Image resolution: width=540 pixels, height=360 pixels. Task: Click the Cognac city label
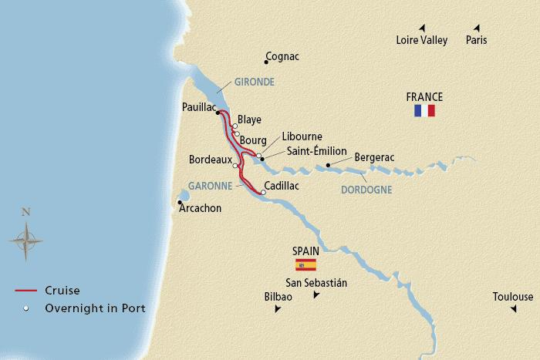(282, 57)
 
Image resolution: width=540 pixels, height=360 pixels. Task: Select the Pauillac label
(198, 109)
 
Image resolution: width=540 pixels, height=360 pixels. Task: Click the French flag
(424, 111)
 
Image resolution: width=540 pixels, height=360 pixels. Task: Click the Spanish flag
(307, 265)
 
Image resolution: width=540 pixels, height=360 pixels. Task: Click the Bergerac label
(374, 157)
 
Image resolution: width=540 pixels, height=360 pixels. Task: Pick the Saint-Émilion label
(317, 151)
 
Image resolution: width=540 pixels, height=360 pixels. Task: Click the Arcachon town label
(200, 208)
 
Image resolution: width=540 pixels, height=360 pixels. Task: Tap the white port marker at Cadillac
(263, 192)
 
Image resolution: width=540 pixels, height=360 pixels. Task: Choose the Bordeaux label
(211, 160)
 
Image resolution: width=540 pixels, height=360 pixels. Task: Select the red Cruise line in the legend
(25, 291)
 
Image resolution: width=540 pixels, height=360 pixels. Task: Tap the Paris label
(477, 41)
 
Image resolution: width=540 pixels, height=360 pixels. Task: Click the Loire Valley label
(421, 41)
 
